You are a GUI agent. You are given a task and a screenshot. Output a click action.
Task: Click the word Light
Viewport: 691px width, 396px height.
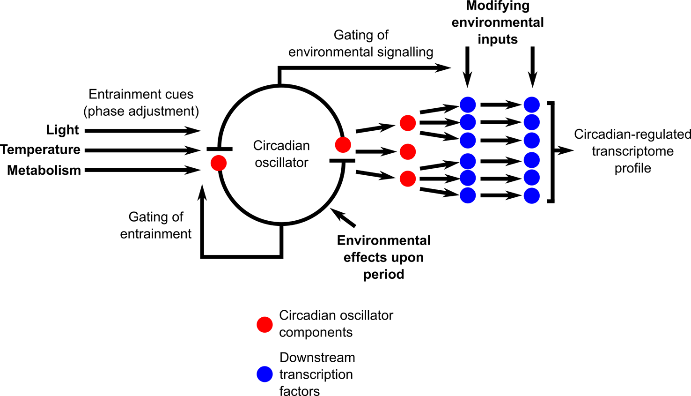click(63, 130)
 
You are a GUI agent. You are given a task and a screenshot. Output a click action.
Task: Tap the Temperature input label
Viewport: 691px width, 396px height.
click(41, 150)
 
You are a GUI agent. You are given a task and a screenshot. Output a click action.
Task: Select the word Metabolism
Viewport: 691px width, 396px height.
click(44, 170)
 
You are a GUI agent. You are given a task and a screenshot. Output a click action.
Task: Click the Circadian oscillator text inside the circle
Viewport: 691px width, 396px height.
click(281, 154)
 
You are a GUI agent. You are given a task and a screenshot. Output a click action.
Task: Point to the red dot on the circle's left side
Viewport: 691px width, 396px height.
click(219, 163)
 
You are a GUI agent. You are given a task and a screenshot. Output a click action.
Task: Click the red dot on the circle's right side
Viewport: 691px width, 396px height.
click(343, 145)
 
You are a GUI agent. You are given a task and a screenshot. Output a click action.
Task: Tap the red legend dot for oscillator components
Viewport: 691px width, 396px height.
click(265, 324)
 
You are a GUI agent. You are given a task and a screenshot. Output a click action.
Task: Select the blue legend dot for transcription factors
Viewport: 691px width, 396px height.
click(265, 374)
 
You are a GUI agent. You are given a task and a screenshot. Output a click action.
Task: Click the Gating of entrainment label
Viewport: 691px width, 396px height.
click(156, 225)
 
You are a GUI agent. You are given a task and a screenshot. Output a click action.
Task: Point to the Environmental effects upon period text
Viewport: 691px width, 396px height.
click(384, 257)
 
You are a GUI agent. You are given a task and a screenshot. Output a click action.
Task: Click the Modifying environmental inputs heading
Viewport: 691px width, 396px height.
click(498, 22)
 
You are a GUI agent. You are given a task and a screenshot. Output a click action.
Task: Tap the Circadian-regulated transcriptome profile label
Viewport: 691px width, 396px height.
click(632, 151)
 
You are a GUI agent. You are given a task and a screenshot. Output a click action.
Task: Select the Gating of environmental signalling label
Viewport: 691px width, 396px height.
click(361, 44)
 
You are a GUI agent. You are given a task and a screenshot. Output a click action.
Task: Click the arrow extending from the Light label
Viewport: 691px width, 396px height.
click(143, 131)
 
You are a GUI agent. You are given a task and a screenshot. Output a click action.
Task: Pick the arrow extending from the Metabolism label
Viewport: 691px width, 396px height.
click(143, 170)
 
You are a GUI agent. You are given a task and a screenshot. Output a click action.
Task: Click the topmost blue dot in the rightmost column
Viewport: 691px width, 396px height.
click(532, 105)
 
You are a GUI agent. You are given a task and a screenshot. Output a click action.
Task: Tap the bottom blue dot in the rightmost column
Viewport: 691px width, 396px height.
click(532, 195)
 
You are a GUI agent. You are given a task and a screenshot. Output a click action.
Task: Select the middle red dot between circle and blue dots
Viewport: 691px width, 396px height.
click(408, 152)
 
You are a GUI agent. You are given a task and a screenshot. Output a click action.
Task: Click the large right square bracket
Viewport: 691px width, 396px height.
click(552, 151)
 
